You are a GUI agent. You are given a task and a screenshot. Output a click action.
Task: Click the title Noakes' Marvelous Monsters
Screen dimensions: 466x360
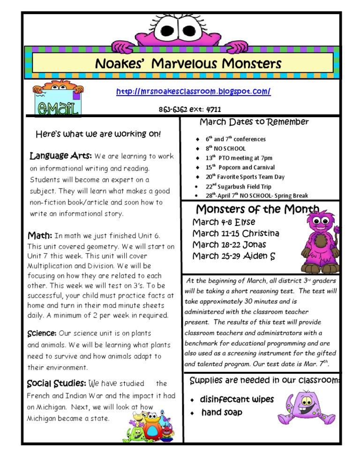188,63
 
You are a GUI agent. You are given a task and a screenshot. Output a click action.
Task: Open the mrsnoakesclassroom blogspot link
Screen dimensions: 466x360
193,91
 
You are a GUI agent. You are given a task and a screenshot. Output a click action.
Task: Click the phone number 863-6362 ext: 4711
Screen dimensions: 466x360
190,110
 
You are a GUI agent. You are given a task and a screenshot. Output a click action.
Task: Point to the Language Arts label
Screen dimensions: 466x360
60,156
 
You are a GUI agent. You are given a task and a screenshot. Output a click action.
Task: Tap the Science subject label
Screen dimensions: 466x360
42,333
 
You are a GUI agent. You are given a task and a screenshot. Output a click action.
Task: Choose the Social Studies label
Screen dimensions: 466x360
57,384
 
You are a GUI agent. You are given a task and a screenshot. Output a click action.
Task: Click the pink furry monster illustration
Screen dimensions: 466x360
319,242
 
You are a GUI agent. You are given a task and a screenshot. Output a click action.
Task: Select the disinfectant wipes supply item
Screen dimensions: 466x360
237,399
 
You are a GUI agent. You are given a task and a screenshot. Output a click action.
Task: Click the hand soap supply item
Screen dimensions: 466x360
222,413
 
